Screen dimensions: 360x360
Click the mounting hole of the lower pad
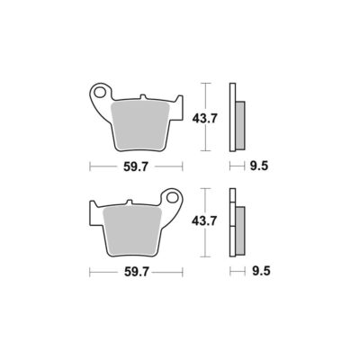point(173,197)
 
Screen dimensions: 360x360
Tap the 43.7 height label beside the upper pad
point(204,119)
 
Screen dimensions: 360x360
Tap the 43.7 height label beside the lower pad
point(204,221)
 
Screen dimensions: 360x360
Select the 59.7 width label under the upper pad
point(136,166)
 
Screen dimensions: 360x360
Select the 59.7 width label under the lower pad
point(137,272)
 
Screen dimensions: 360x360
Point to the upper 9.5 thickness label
point(258,166)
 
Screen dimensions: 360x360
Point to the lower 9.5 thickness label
point(261,271)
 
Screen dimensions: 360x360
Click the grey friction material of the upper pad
point(140,126)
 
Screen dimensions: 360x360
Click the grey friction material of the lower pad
point(132,231)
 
